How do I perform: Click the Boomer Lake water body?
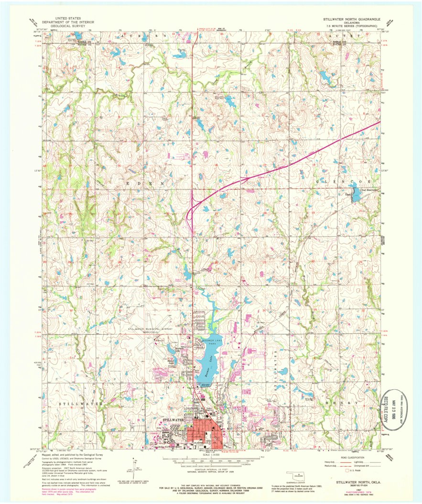tap(208, 363)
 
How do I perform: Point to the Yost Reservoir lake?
tap(355, 196)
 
